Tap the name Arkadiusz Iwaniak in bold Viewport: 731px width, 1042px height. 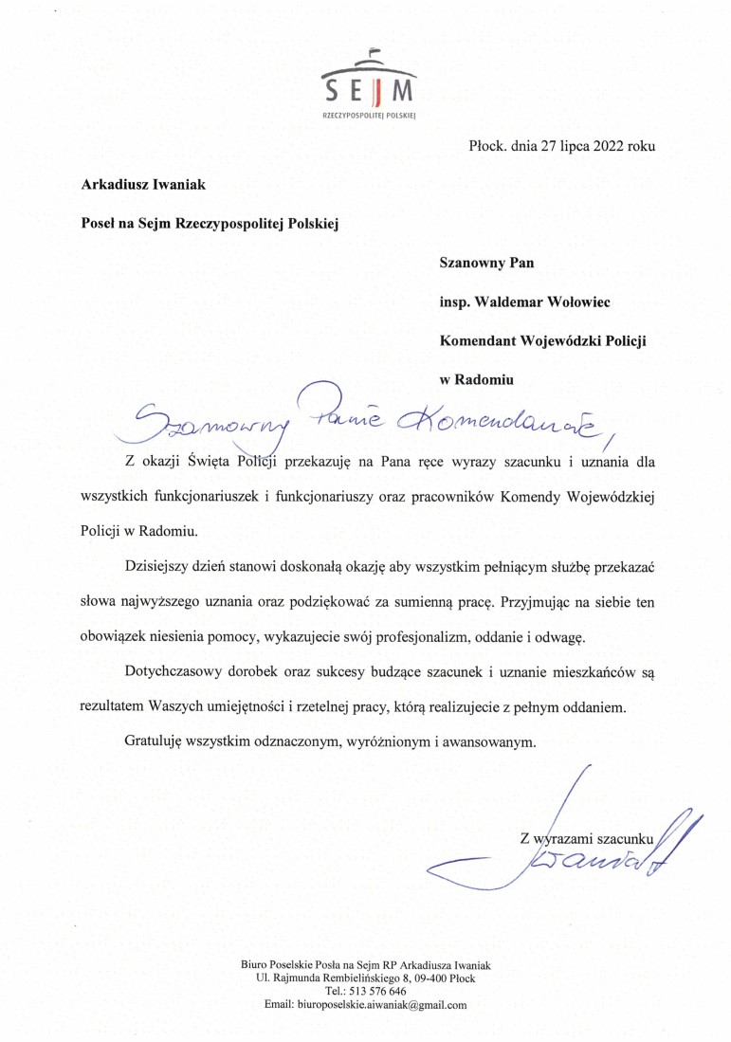point(143,185)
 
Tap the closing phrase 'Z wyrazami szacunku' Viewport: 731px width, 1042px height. point(587,838)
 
